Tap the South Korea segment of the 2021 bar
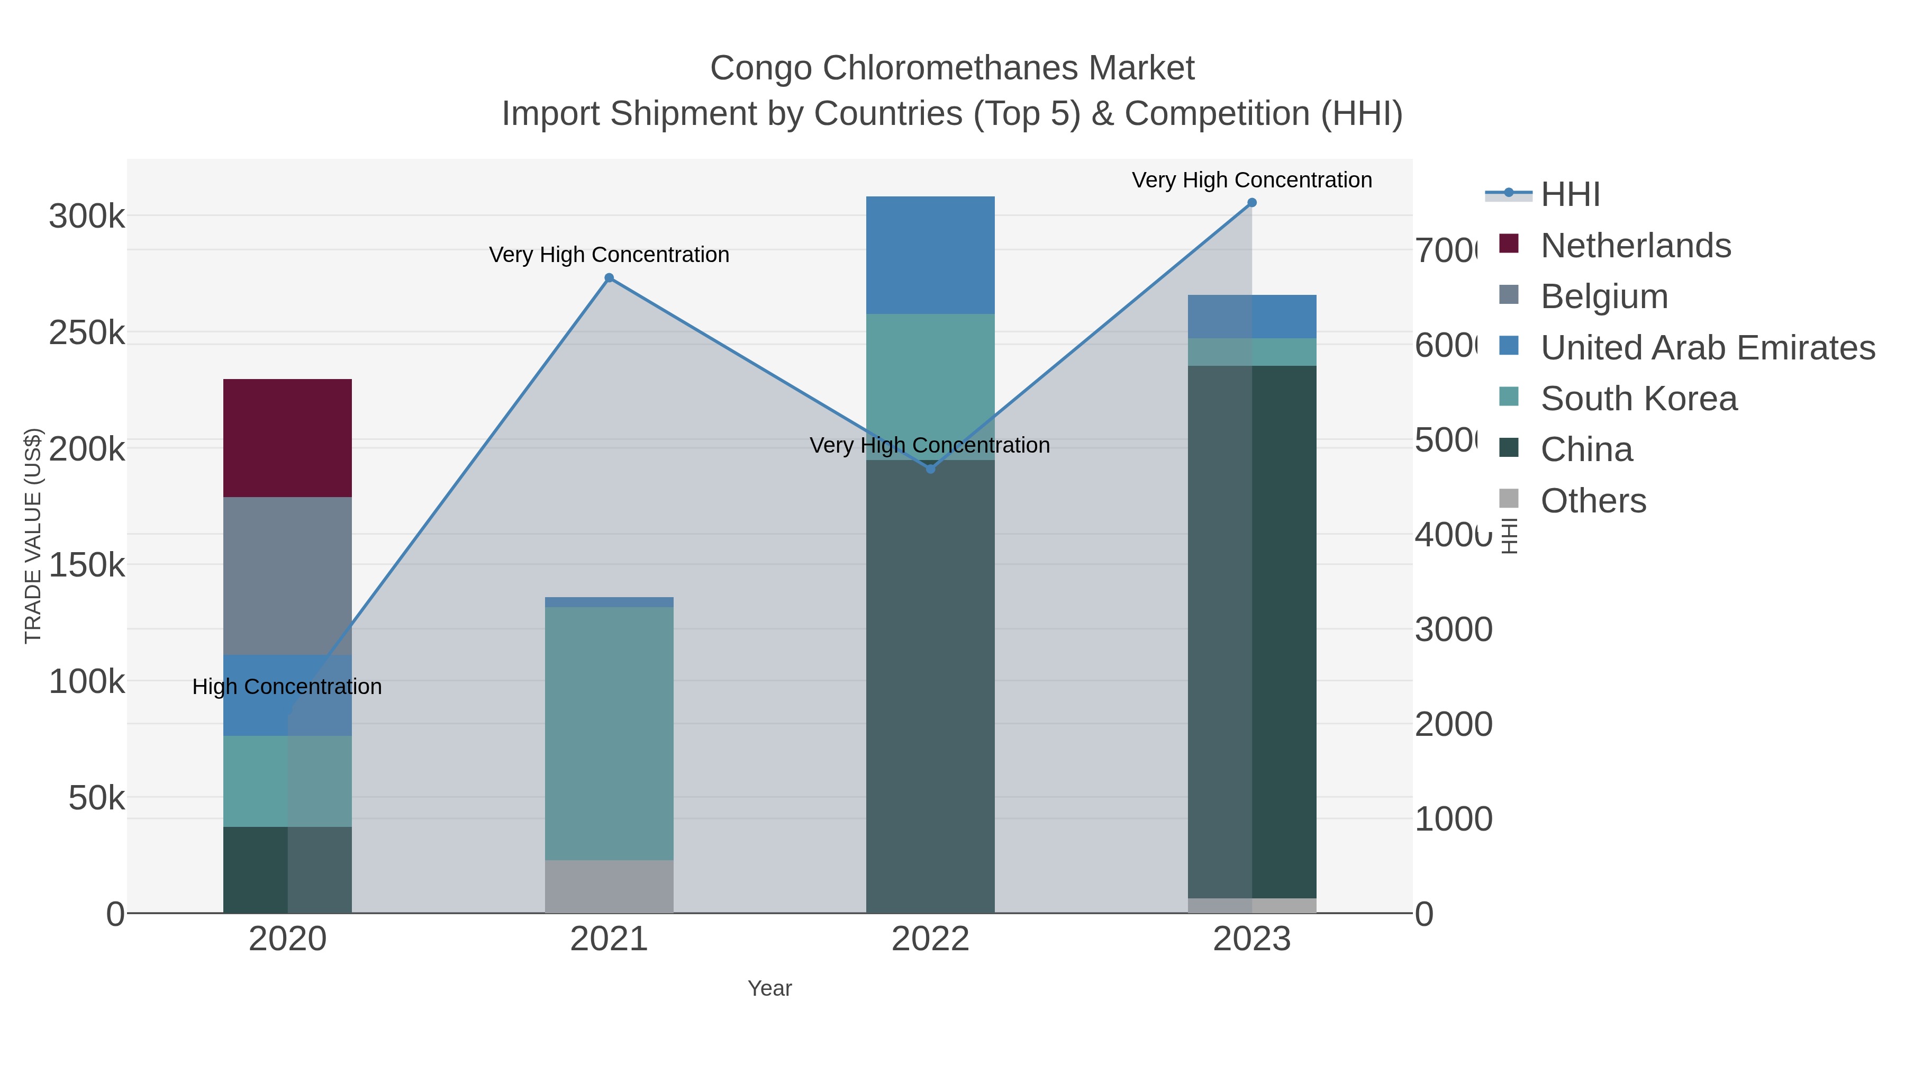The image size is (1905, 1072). click(x=609, y=733)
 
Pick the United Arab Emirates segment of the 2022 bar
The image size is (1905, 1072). click(x=930, y=255)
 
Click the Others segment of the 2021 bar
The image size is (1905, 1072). click(x=609, y=886)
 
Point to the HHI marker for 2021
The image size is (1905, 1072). click(x=609, y=278)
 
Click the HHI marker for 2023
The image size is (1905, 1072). click(x=1251, y=203)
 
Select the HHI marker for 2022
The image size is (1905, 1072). click(x=930, y=469)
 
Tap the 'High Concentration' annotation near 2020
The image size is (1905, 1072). click(x=287, y=687)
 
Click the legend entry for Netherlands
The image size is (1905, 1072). click(x=1635, y=246)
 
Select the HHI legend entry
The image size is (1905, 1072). click(x=1570, y=195)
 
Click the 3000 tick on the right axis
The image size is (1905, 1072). click(x=1453, y=629)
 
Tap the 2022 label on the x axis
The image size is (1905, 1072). click(x=930, y=940)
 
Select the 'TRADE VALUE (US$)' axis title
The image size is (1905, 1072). click(x=33, y=536)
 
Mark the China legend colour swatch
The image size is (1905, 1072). click(x=1509, y=447)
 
